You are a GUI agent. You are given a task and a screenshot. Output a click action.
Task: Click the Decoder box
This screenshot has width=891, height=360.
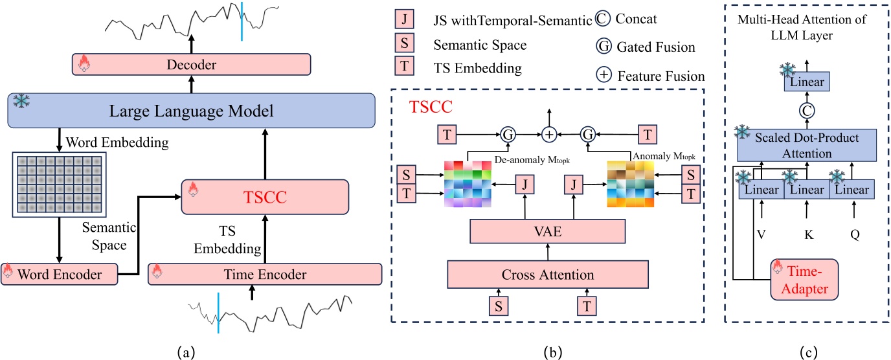click(x=192, y=65)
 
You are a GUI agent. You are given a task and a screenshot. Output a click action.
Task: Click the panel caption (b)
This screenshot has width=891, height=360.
click(x=547, y=352)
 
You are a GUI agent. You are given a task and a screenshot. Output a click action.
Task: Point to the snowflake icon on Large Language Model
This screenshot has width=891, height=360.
click(x=20, y=101)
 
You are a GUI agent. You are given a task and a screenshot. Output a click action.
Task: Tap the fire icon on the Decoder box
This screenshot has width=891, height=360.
click(x=83, y=63)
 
